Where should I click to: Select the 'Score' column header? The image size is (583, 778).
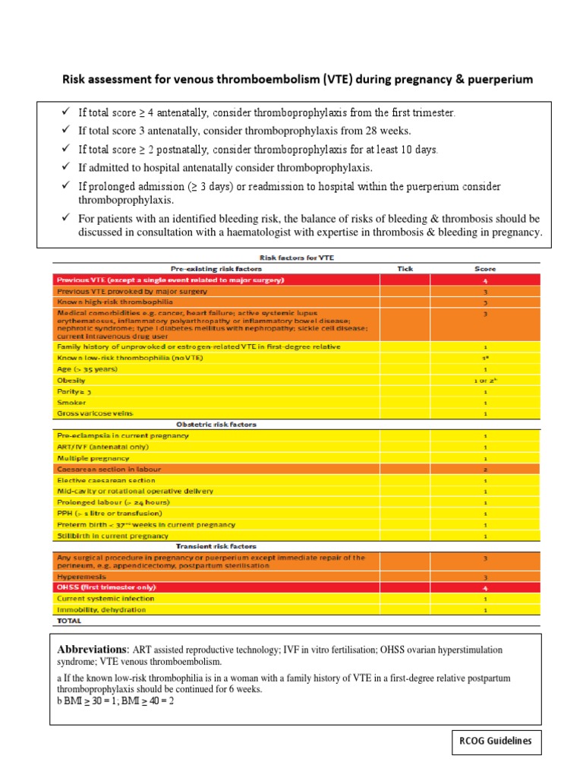pyautogui.click(x=485, y=268)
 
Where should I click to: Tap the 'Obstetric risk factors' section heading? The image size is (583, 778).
pyautogui.click(x=216, y=424)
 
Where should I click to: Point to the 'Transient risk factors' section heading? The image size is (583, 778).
pyautogui.click(x=216, y=546)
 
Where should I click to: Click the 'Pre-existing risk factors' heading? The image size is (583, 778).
pyautogui.click(x=216, y=268)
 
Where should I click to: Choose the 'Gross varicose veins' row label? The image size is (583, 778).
pyautogui.click(x=84, y=413)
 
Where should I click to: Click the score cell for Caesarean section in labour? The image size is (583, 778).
pyautogui.click(x=485, y=470)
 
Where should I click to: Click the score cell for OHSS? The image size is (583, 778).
pyautogui.click(x=485, y=587)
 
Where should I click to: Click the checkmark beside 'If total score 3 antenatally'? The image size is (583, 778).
pyautogui.click(x=66, y=131)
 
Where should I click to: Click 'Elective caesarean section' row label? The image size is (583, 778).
pyautogui.click(x=106, y=480)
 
